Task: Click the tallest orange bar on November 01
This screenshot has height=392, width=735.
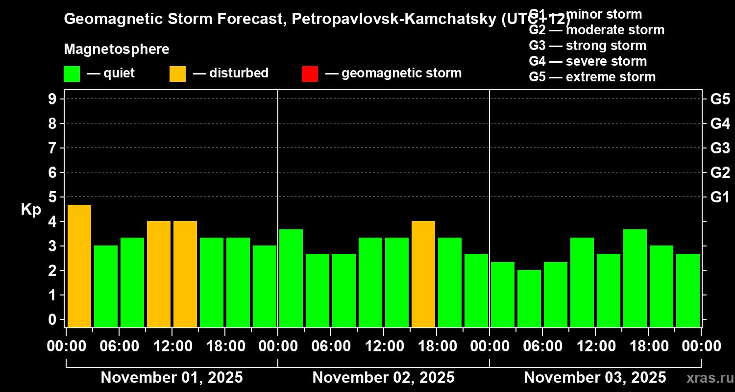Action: [79, 266]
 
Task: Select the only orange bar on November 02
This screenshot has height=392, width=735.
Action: [423, 274]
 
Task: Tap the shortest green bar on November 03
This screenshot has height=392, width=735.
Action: [529, 298]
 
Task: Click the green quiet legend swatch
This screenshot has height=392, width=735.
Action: [72, 73]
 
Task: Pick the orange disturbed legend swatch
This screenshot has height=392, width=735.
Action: [178, 73]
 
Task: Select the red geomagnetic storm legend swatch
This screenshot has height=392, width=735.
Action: [310, 73]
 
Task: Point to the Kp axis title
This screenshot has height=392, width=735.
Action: [31, 209]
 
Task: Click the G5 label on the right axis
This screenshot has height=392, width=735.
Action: [720, 99]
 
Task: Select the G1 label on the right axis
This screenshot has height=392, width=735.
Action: [720, 197]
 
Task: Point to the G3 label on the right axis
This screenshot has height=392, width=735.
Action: [720, 148]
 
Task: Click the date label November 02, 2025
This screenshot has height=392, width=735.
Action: [383, 378]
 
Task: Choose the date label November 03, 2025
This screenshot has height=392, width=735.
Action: [595, 378]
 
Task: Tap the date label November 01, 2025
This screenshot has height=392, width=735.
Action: [171, 378]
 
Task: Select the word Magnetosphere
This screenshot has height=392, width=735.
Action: [117, 49]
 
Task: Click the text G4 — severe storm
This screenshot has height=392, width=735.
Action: [588, 61]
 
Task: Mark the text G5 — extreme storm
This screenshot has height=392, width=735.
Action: [592, 77]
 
